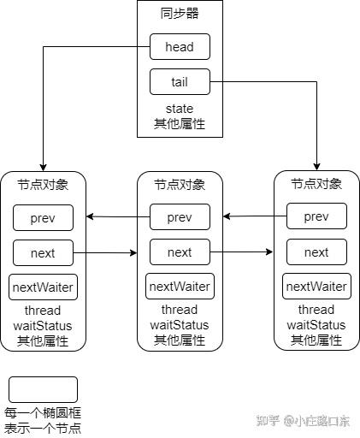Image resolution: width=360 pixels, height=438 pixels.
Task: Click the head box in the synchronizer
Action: pos(180,47)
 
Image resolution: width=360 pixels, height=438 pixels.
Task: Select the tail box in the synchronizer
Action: pos(180,82)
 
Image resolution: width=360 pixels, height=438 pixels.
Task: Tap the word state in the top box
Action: pos(180,109)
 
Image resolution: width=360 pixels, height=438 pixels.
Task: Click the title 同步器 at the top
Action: pos(180,14)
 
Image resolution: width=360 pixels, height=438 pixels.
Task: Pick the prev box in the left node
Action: pos(43,218)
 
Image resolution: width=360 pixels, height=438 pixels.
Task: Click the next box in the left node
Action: pos(43,253)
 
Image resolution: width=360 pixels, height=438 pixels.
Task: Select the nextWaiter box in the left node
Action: pos(43,287)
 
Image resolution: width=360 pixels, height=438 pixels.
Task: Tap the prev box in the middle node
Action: pos(180,217)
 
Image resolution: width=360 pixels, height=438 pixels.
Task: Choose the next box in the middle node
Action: pos(180,252)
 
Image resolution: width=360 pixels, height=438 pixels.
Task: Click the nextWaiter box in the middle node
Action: pos(180,287)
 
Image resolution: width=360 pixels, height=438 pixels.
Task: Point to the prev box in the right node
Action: pos(316,216)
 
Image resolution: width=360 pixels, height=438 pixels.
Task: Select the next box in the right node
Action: pos(316,252)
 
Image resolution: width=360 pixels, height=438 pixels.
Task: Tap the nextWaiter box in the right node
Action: pos(316,287)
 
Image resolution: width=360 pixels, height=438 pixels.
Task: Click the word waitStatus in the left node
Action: pos(43,326)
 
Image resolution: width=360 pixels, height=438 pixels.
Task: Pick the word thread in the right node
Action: pos(316,310)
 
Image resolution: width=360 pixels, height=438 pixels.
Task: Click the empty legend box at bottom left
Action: pos(43,389)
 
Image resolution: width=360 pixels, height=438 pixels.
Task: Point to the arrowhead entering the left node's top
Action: pos(43,168)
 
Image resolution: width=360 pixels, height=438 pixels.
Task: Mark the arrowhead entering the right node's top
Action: pos(316,167)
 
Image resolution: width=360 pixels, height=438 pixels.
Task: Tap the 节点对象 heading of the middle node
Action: pos(180,185)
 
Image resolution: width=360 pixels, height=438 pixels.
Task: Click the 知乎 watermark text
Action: pos(268,421)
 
